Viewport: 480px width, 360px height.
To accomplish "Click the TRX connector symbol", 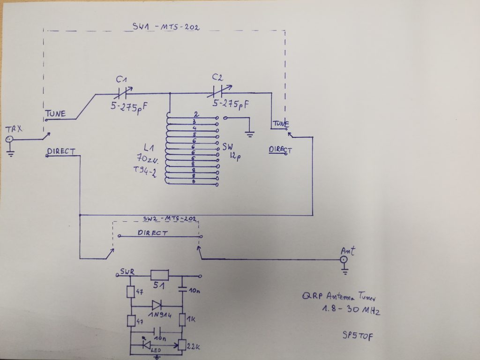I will click(9, 139).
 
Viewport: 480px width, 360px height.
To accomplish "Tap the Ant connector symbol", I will click(344, 259).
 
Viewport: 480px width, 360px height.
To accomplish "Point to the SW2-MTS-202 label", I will click(169, 219).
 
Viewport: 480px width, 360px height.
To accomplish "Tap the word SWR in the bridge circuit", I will click(127, 271).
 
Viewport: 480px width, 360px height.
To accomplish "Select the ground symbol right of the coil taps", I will click(250, 134).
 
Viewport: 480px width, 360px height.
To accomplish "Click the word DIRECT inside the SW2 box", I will click(152, 232).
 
